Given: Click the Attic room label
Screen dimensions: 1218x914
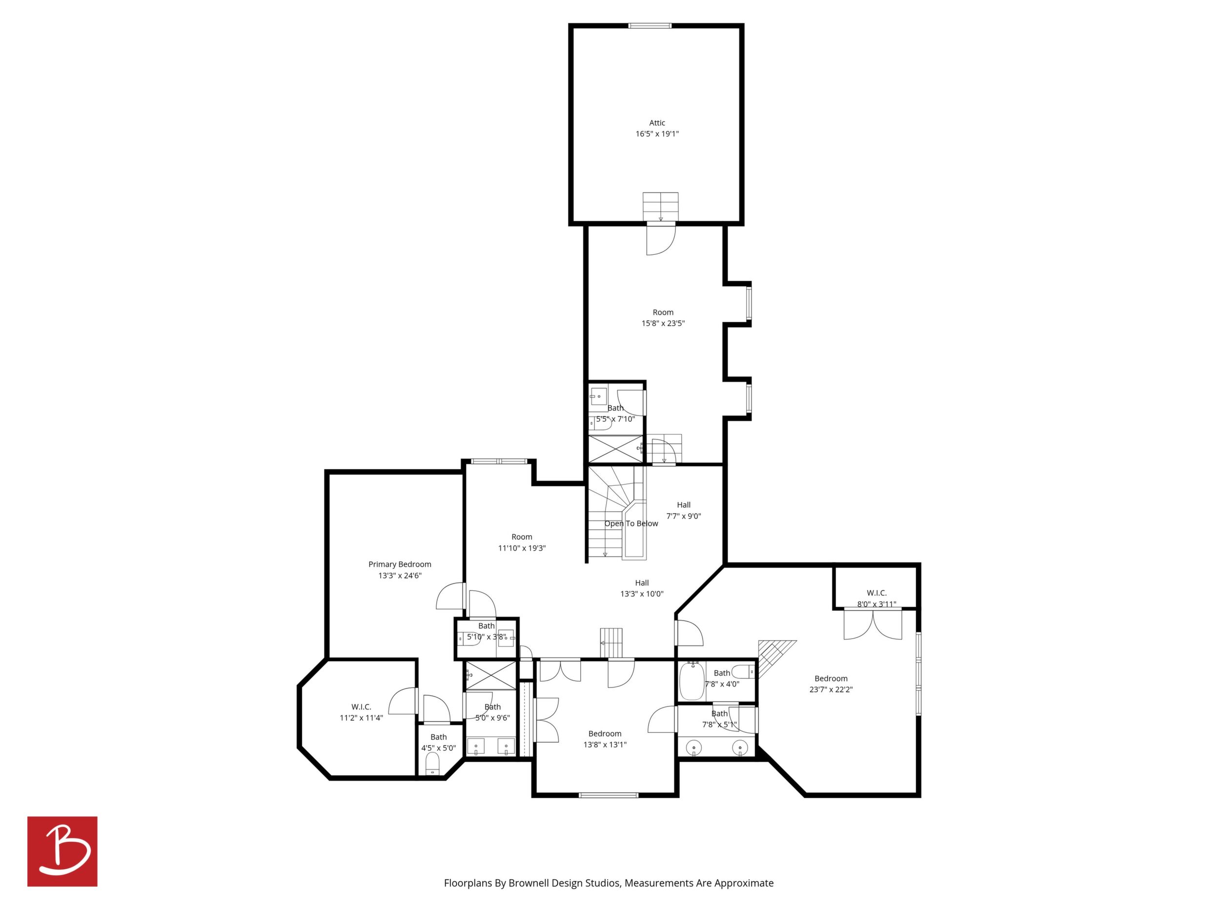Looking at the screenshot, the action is pyautogui.click(x=657, y=123).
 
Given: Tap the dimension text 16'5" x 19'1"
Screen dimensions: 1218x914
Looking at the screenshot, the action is pyautogui.click(x=657, y=134).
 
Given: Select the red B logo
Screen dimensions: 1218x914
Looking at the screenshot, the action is pyautogui.click(x=62, y=851).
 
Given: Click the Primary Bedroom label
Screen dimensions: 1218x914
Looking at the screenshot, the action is pyautogui.click(x=400, y=564).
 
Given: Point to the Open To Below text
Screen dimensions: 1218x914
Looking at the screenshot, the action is pyautogui.click(x=631, y=523).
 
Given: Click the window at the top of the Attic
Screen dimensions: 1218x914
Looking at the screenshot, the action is pyautogui.click(x=650, y=25).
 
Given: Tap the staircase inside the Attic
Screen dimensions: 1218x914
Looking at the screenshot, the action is pyautogui.click(x=661, y=207).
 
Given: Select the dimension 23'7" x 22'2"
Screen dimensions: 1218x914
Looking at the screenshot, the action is pyautogui.click(x=831, y=689).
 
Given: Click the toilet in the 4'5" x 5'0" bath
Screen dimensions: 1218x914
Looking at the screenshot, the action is pyautogui.click(x=433, y=765).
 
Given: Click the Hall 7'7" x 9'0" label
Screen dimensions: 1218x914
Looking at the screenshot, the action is pyautogui.click(x=683, y=510).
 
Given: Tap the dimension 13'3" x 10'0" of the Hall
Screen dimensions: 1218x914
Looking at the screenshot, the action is pyautogui.click(x=642, y=594).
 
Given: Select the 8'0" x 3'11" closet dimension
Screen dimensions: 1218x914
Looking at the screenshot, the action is pyautogui.click(x=876, y=604).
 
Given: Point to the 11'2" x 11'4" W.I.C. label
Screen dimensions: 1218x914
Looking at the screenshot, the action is pyautogui.click(x=361, y=712).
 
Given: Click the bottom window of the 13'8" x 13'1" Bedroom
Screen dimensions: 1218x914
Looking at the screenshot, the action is pyautogui.click(x=609, y=795).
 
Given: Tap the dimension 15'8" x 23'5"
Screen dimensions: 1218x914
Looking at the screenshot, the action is pyautogui.click(x=663, y=323).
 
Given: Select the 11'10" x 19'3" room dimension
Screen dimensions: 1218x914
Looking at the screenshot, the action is pyautogui.click(x=522, y=548).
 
